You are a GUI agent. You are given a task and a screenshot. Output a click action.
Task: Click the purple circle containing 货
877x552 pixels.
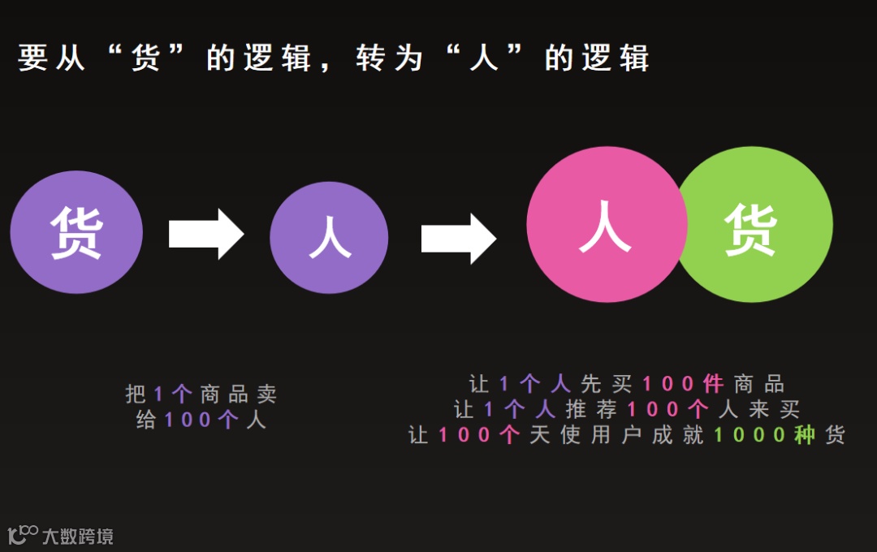pyautogui.click(x=76, y=233)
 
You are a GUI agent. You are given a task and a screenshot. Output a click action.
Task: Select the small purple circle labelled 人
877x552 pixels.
pyautogui.click(x=329, y=236)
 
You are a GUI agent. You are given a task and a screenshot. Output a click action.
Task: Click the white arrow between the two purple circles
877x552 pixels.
pyautogui.click(x=205, y=234)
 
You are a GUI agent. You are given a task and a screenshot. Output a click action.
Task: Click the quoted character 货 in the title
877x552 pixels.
pyautogui.click(x=145, y=59)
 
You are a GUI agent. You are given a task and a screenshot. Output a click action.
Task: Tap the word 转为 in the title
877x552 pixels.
pyautogui.click(x=390, y=59)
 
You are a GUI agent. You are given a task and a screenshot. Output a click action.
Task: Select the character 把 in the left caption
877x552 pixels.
pyautogui.click(x=136, y=395)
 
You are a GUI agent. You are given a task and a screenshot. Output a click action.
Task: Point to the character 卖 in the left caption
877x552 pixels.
pyautogui.click(x=266, y=395)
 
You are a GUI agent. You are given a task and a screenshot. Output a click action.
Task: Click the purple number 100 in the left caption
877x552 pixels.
pyautogui.click(x=188, y=420)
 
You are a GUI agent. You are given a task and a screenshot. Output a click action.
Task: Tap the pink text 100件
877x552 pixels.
pyautogui.click(x=683, y=383)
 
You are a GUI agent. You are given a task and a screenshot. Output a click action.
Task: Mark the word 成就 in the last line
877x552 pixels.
pyautogui.click(x=674, y=435)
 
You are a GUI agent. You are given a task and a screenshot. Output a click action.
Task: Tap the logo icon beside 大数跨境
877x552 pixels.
pyautogui.click(x=23, y=534)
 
